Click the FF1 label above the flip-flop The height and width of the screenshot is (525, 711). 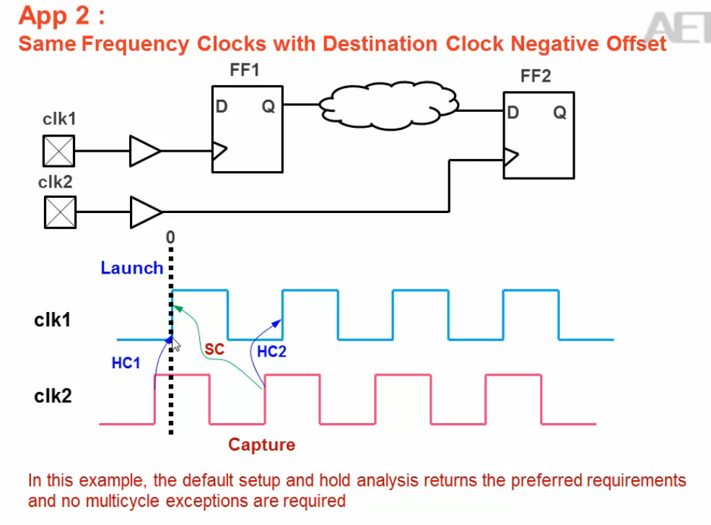coord(243,71)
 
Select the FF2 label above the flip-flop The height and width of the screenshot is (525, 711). coord(536,77)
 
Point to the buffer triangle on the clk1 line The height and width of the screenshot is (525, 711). coord(144,152)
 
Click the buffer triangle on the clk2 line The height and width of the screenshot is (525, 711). coord(144,212)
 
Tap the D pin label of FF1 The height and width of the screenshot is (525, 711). coord(222,108)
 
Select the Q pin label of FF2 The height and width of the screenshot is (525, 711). coord(559,113)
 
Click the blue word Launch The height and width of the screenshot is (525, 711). coord(131,268)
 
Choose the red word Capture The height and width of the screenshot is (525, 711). coord(261,445)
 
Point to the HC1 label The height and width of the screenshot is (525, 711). coord(126,363)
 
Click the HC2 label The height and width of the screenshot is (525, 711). coord(271,352)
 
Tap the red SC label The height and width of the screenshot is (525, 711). coord(214,350)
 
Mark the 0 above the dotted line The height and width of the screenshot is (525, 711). coord(170,237)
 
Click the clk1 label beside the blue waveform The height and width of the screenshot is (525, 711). coord(53,319)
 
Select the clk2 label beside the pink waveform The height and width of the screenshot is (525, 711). coord(53,396)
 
